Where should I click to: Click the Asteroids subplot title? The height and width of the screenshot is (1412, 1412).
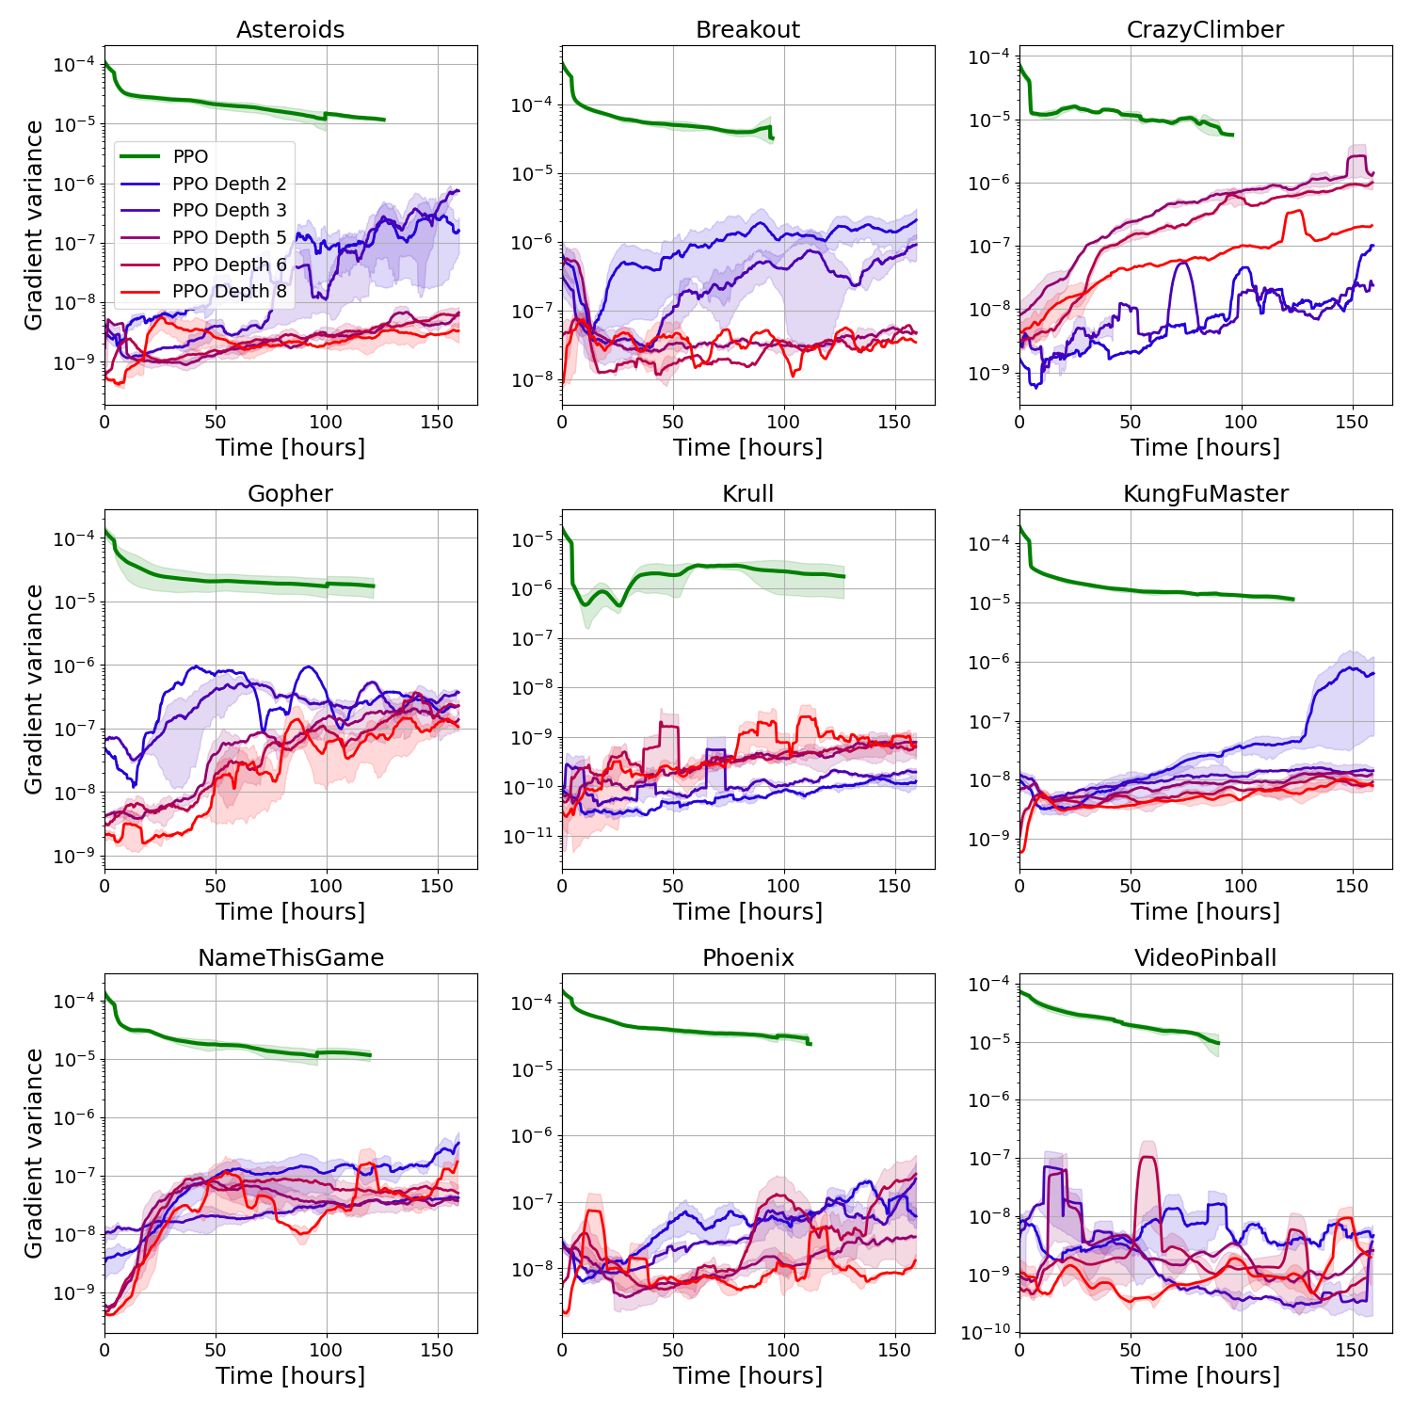(x=290, y=30)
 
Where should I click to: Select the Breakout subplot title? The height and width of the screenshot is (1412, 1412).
(x=747, y=30)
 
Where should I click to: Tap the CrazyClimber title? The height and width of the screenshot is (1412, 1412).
(x=1205, y=30)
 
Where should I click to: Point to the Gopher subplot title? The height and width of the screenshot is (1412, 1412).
(x=290, y=494)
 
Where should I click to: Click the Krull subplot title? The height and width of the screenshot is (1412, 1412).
(x=747, y=494)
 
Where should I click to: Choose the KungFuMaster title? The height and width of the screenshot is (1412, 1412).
(x=1205, y=494)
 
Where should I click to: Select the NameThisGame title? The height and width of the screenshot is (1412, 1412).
(x=290, y=958)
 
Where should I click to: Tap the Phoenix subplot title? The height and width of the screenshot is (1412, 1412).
(x=747, y=958)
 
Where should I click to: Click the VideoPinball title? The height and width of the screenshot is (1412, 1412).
(x=1205, y=958)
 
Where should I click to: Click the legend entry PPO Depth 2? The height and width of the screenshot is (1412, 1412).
(x=229, y=184)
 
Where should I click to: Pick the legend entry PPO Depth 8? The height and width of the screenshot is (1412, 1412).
(x=229, y=291)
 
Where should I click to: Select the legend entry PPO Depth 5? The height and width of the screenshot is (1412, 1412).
(x=229, y=237)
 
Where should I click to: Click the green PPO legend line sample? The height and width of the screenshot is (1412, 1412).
(x=140, y=156)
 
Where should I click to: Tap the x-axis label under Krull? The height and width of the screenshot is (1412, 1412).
(x=747, y=911)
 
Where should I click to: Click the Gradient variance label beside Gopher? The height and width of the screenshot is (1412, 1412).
(x=34, y=689)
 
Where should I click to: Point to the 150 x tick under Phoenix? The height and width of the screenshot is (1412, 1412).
(x=894, y=1350)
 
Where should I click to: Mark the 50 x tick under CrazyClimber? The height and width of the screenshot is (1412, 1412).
(x=1131, y=422)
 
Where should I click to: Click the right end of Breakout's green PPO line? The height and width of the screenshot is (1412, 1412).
(x=772, y=138)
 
